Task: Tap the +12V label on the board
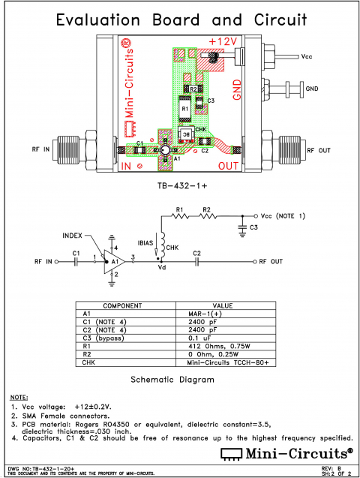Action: point(223,41)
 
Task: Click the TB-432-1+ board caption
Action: point(181,185)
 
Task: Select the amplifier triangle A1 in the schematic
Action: point(113,262)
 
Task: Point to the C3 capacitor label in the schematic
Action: point(253,227)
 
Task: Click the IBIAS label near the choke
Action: point(145,243)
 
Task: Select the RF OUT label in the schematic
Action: point(271,262)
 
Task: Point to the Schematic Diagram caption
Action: point(172,380)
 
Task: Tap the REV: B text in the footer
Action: point(337,467)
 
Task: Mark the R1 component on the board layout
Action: point(185,108)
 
